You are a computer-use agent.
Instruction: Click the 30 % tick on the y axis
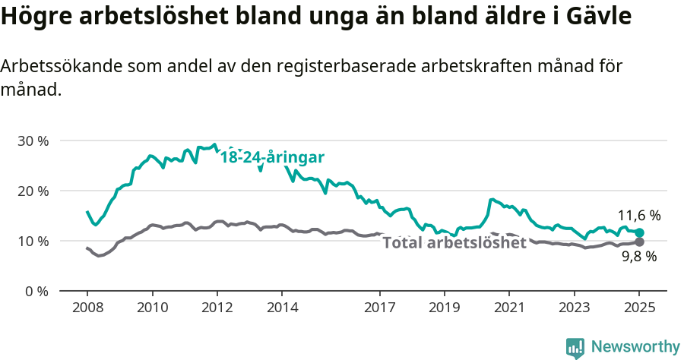[32, 141]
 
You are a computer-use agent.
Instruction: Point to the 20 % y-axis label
[32, 191]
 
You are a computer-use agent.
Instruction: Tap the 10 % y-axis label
[32, 241]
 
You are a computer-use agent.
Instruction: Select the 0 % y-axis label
[36, 291]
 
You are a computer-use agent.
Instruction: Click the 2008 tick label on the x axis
[87, 308]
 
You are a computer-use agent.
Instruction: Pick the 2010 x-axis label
[152, 308]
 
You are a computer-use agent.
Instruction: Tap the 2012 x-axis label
[217, 308]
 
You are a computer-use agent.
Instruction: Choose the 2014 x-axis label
[282, 308]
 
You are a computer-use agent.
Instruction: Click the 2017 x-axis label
[379, 308]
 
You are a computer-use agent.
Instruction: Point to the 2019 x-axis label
[445, 308]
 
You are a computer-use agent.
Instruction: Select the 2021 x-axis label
[509, 308]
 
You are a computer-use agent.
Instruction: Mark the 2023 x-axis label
[575, 308]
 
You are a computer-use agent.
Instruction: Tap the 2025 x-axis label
[639, 308]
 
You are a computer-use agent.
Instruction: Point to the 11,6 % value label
[638, 216]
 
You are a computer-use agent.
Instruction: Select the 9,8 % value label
[638, 257]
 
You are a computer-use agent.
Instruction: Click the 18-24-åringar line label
[272, 158]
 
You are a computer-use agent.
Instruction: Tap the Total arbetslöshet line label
[454, 243]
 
